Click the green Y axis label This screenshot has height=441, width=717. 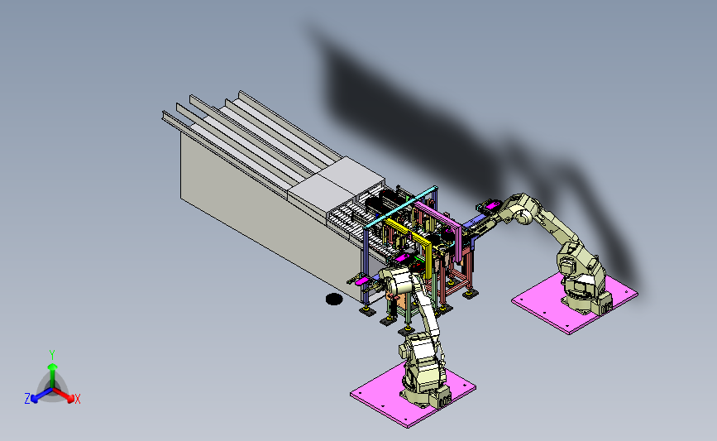point(51,355)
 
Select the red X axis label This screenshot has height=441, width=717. point(78,399)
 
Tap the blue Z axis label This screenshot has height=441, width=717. point(27,399)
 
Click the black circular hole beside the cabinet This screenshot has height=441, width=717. point(334,300)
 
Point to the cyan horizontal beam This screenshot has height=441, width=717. point(400,207)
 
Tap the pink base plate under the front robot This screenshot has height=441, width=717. point(413,394)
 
